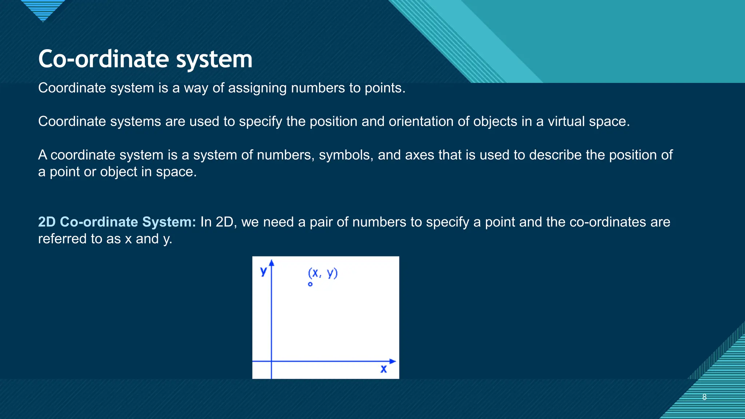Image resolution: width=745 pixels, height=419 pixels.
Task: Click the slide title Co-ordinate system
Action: pyautogui.click(x=145, y=59)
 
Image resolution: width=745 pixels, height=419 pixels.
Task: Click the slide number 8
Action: pyautogui.click(x=704, y=397)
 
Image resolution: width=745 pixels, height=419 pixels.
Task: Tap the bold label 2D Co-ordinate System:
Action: pyautogui.click(x=117, y=222)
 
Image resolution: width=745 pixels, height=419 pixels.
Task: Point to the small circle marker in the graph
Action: pyautogui.click(x=310, y=284)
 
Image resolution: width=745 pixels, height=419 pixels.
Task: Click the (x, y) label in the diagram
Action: pyautogui.click(x=323, y=273)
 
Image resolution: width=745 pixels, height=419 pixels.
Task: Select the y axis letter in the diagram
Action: pyautogui.click(x=263, y=271)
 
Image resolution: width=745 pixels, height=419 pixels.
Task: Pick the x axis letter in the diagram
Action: pyautogui.click(x=383, y=369)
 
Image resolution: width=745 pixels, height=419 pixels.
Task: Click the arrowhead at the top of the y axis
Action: pyautogui.click(x=271, y=263)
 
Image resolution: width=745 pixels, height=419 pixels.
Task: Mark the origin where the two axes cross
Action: pyautogui.click(x=271, y=361)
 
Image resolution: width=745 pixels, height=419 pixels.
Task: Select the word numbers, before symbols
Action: pyautogui.click(x=286, y=155)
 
